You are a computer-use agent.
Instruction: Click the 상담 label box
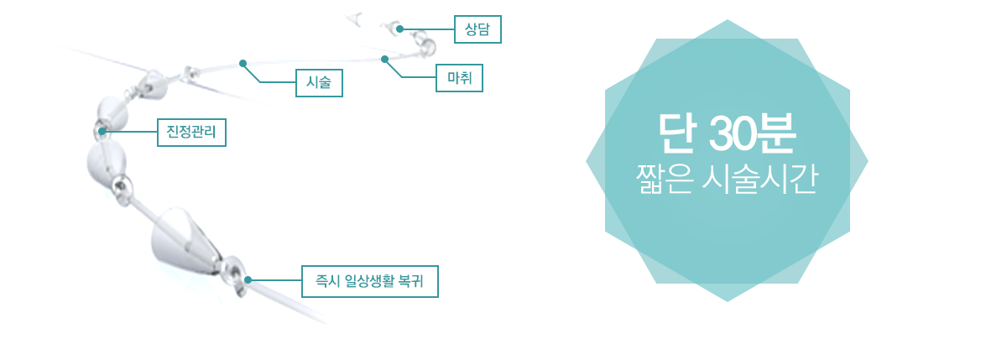[x=477, y=29]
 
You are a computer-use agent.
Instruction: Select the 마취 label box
[x=459, y=78]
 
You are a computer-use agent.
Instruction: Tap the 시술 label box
[x=319, y=83]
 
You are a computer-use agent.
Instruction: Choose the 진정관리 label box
[x=191, y=132]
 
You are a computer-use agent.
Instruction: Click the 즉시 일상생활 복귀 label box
[x=369, y=281]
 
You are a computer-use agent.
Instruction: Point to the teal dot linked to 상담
[x=399, y=29]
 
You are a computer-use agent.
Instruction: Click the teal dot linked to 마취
[x=384, y=59]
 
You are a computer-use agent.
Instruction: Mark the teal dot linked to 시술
[x=243, y=64]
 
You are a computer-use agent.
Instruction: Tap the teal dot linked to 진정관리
[x=102, y=131]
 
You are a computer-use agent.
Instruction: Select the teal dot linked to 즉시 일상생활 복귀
[x=248, y=280]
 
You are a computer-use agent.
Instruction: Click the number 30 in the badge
[x=732, y=133]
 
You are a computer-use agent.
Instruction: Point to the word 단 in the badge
[x=677, y=133]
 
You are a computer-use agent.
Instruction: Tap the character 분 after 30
[x=775, y=133]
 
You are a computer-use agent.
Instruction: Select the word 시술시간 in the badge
[x=759, y=179]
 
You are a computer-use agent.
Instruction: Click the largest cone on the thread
[x=182, y=242]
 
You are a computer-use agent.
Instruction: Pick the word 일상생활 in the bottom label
[x=368, y=281]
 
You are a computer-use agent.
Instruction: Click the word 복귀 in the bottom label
[x=411, y=281]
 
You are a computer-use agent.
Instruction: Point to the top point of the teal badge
[x=727, y=20]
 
